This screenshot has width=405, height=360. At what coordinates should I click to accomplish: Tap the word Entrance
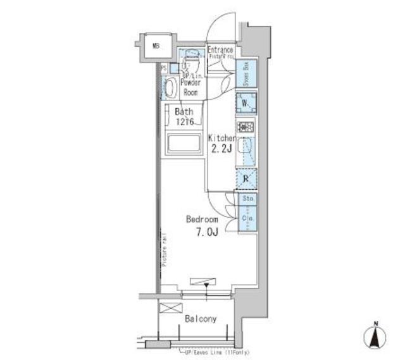pyautogui.click(x=220, y=50)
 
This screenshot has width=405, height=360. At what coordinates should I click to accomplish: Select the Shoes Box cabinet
pyautogui.click(x=246, y=75)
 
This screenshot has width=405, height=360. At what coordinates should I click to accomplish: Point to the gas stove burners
pyautogui.click(x=246, y=127)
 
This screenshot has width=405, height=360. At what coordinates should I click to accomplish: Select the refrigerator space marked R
pyautogui.click(x=246, y=179)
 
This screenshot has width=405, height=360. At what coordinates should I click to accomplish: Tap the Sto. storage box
pyautogui.click(x=246, y=199)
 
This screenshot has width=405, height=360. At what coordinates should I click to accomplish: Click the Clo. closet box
pyautogui.click(x=246, y=219)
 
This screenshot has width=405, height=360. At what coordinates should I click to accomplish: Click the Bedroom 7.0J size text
pyautogui.click(x=201, y=232)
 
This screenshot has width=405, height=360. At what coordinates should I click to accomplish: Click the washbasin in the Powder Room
pyautogui.click(x=170, y=88)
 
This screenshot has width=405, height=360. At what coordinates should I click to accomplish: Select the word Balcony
pyautogui.click(x=201, y=319)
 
